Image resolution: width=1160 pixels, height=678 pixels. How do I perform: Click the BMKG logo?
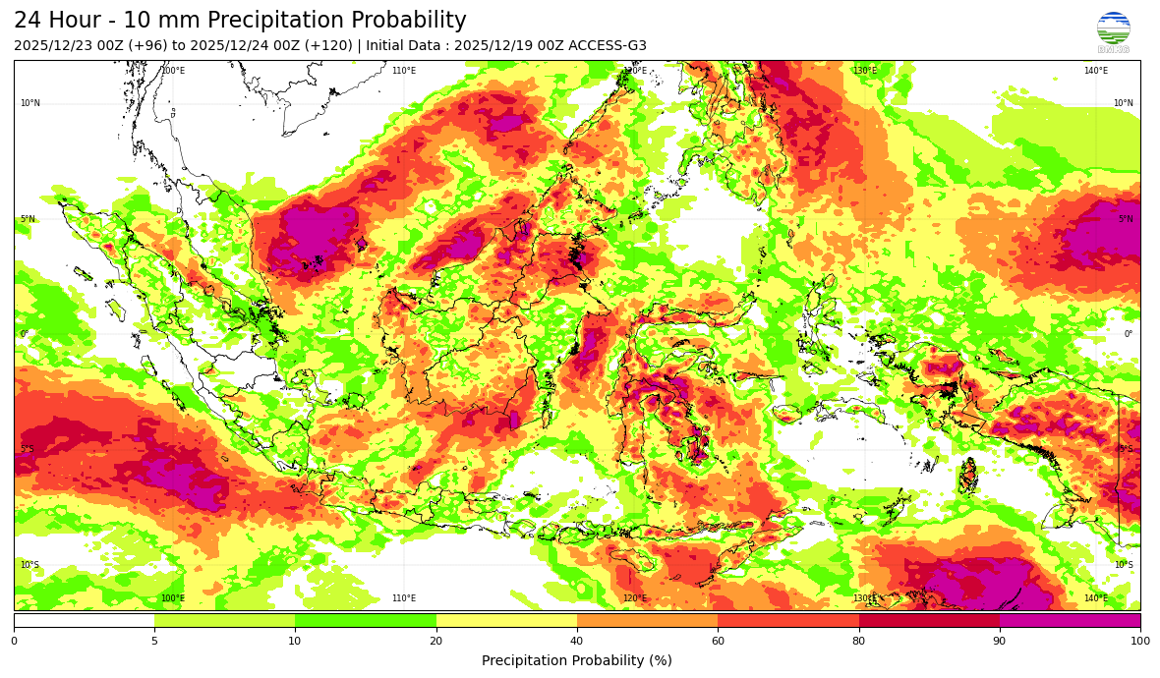[x=1114, y=30]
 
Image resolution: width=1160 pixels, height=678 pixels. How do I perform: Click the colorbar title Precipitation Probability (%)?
[x=577, y=660]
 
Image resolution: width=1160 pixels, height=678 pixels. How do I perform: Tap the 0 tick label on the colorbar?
[x=14, y=642]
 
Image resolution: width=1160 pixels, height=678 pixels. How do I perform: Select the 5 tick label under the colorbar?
[x=154, y=642]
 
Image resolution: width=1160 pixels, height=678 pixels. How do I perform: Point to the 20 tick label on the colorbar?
[x=435, y=642]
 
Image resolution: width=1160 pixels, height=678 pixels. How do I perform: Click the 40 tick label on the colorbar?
[x=577, y=642]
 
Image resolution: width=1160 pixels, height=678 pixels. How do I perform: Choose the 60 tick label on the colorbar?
[x=718, y=642]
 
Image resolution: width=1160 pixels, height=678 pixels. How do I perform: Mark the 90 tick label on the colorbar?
[x=1000, y=642]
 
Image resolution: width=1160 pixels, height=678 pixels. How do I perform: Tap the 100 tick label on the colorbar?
[x=1139, y=642]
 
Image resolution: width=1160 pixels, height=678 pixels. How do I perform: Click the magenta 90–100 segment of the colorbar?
[x=1070, y=620]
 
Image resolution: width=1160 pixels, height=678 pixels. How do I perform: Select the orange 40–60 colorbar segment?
[x=647, y=620]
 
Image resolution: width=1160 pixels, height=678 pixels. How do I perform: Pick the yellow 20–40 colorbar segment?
[x=506, y=620]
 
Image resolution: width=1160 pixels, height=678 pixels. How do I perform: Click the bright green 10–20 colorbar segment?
[x=366, y=620]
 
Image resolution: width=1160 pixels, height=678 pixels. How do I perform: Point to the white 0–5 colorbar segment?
[x=84, y=620]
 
